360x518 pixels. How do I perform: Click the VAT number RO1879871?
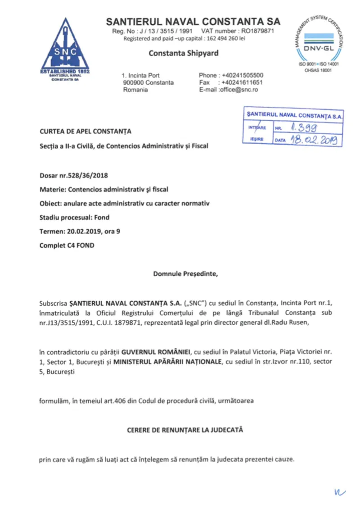pyautogui.click(x=255, y=31)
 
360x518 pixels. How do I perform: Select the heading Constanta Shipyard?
pyautogui.click(x=184, y=53)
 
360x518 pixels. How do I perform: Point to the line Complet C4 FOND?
pyautogui.click(x=67, y=245)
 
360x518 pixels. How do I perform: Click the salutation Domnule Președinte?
pyautogui.click(x=185, y=273)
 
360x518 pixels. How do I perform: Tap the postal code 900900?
pyautogui.click(x=132, y=82)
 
